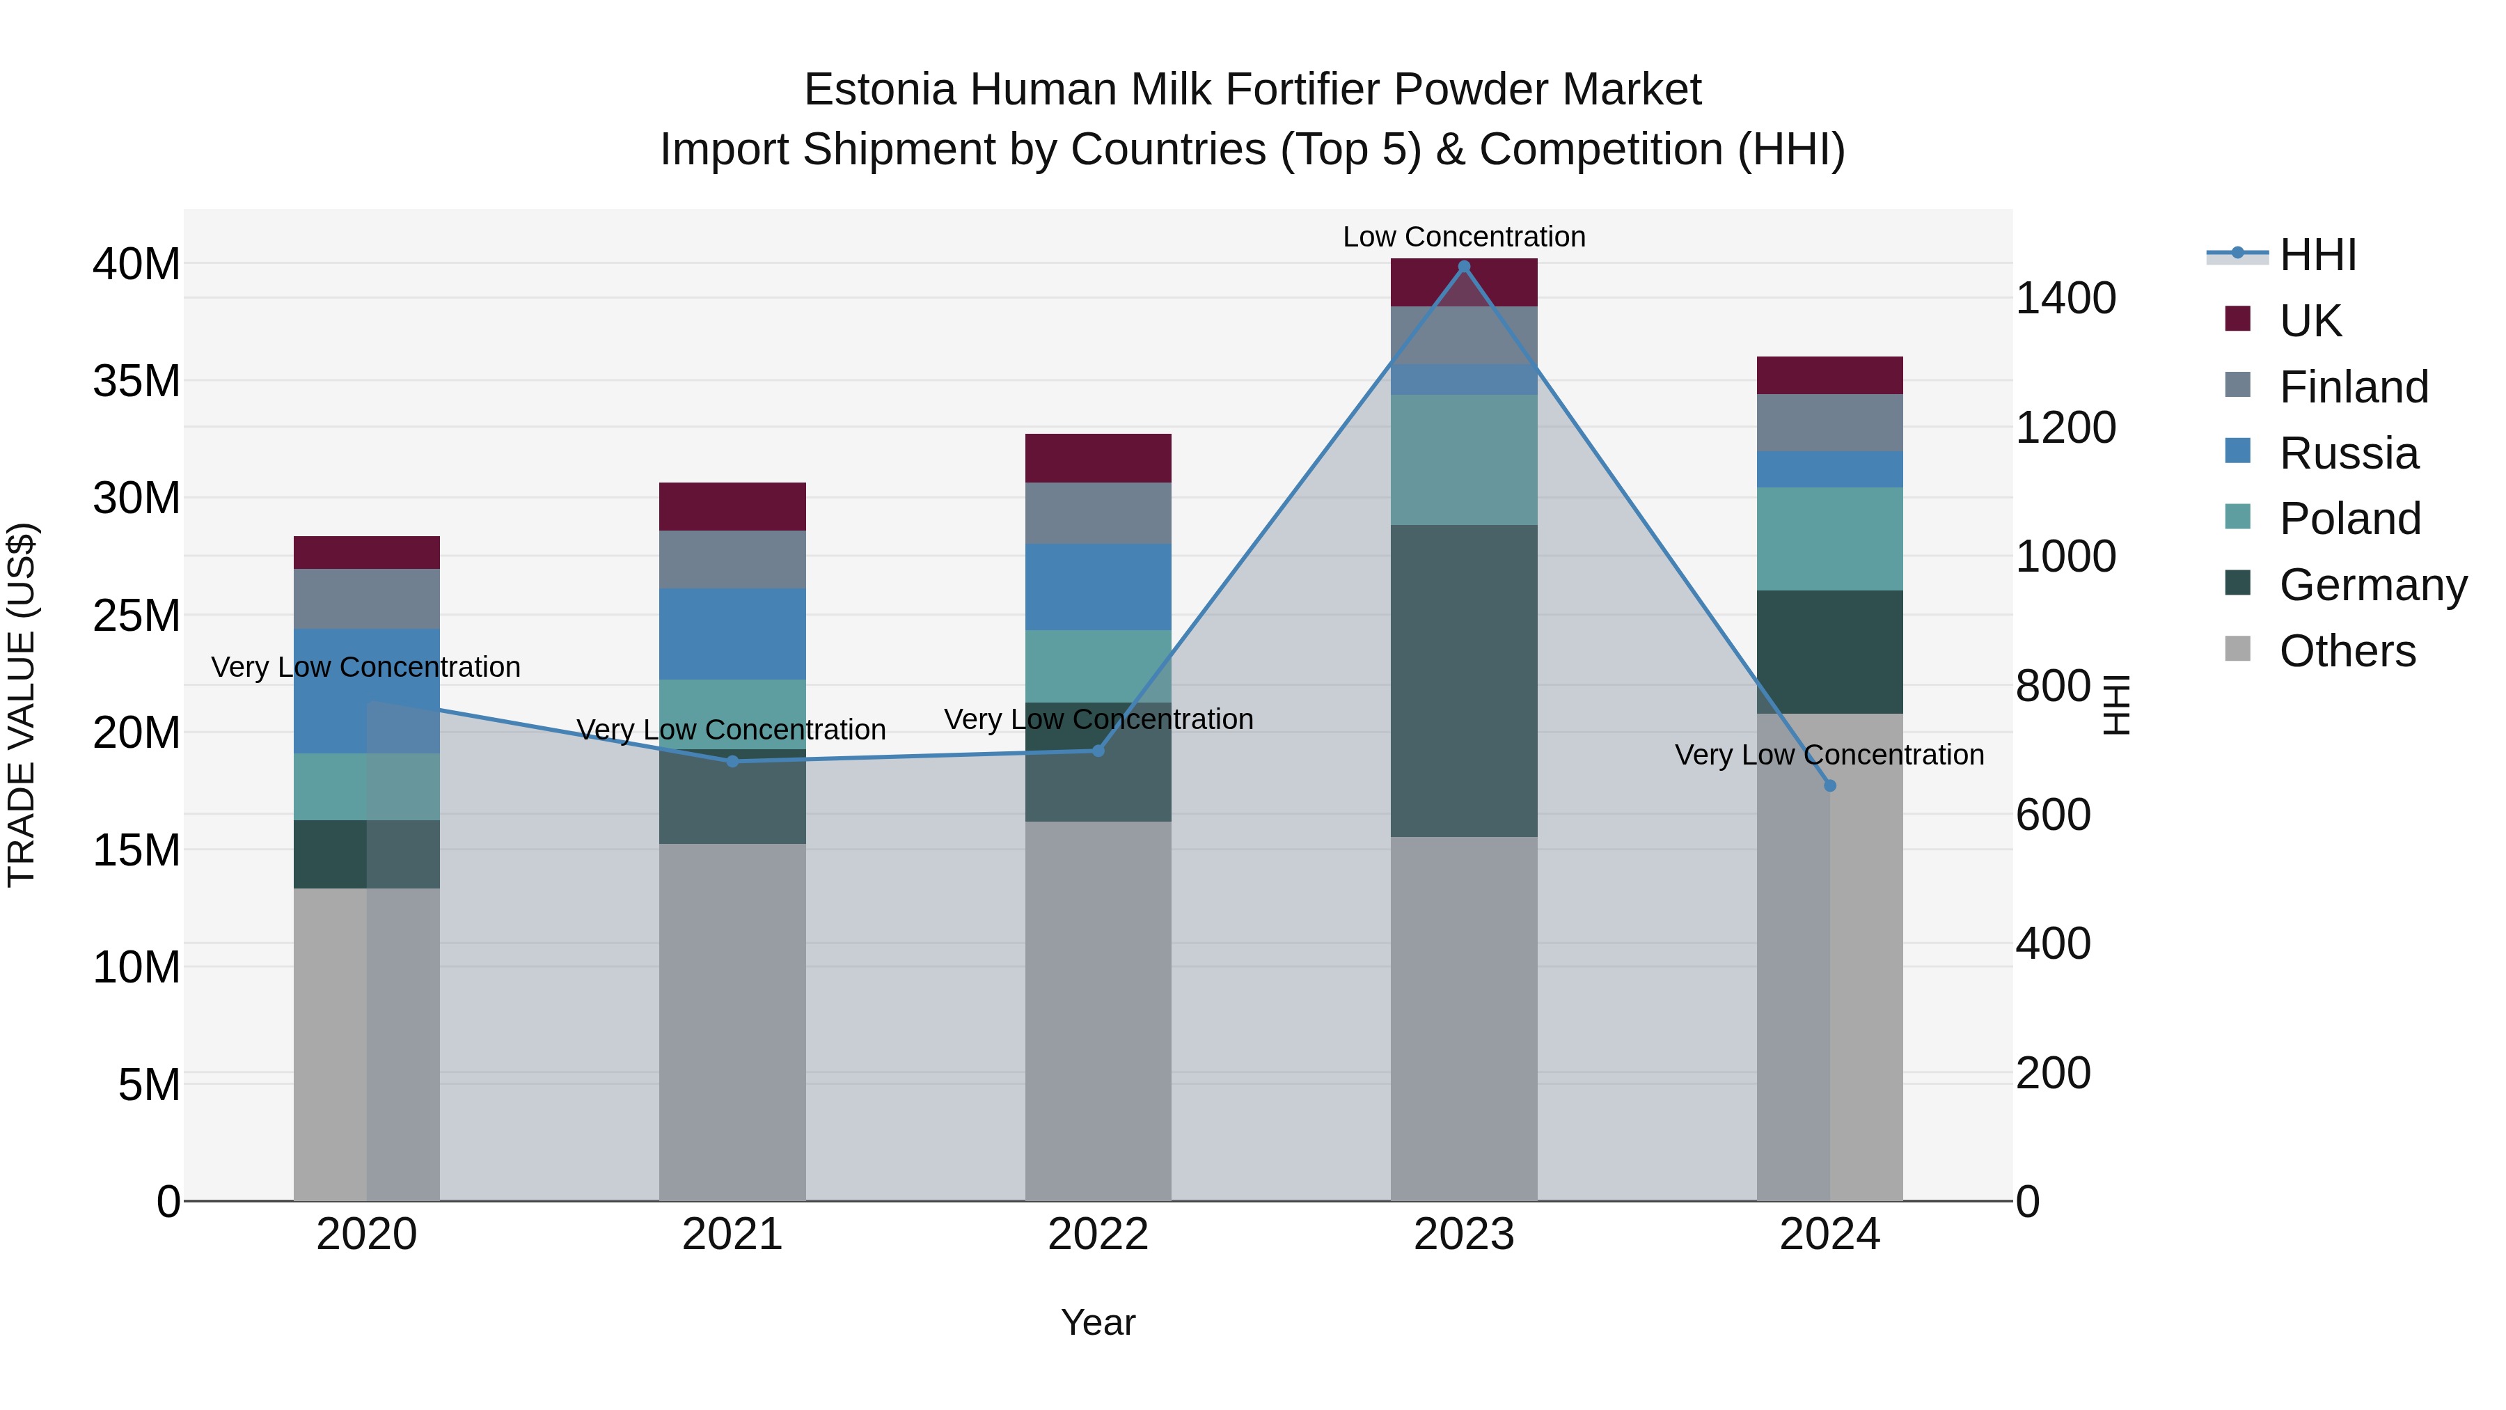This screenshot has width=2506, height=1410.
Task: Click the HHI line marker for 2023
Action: click(1463, 267)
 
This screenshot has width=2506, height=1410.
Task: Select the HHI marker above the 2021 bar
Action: click(732, 761)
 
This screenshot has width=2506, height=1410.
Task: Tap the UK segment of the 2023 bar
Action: click(1463, 282)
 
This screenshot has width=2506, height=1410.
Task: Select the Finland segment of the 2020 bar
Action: click(367, 598)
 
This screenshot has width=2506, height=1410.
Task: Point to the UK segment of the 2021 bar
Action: click(732, 506)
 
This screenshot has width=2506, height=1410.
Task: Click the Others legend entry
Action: click(2347, 651)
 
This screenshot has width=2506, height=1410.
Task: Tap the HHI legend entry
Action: click(2317, 255)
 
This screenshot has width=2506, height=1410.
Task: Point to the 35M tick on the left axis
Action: click(136, 380)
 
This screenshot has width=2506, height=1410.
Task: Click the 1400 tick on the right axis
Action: click(2065, 298)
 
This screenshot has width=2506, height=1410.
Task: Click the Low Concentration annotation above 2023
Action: click(1463, 237)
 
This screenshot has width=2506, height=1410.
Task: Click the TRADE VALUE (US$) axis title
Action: click(22, 705)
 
